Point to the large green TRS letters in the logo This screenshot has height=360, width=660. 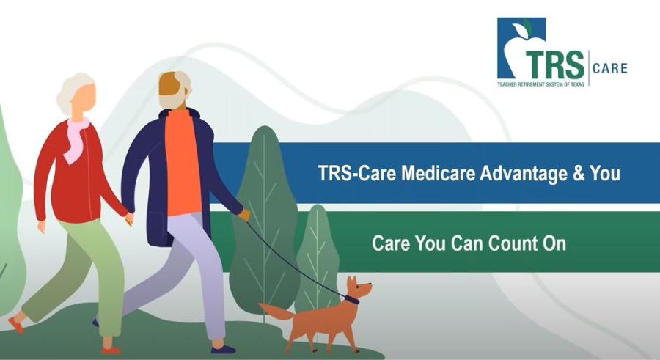click(x=555, y=65)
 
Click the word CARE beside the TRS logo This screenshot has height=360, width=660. click(x=610, y=67)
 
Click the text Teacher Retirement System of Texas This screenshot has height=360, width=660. click(x=541, y=84)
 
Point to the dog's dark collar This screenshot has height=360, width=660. click(x=352, y=300)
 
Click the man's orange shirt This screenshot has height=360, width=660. click(x=183, y=162)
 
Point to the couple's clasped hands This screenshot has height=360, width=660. click(x=129, y=218)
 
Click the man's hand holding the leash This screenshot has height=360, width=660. click(x=243, y=215)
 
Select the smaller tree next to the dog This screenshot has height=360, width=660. click(x=318, y=259)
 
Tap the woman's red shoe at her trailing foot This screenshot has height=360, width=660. click(x=15, y=325)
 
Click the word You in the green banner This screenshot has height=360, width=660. click(x=429, y=244)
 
